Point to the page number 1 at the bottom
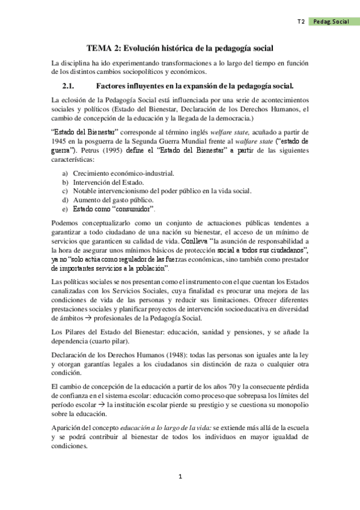coord(180,477)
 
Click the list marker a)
coord(65,174)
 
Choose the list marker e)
coord(65,209)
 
